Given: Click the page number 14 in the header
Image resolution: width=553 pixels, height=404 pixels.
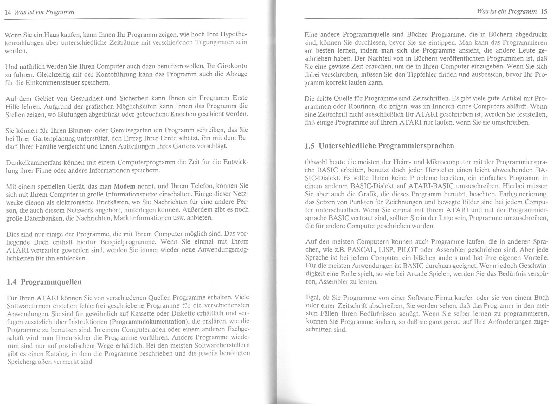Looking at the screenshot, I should [8, 12].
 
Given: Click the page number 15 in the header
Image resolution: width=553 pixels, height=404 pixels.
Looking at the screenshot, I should [544, 12].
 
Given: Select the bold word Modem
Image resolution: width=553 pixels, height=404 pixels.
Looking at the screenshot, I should [124, 186].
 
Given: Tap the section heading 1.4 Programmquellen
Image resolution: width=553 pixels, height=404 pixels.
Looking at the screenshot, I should [44, 282].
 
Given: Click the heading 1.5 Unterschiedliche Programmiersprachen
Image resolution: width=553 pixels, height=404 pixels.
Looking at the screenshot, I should [380, 146].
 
